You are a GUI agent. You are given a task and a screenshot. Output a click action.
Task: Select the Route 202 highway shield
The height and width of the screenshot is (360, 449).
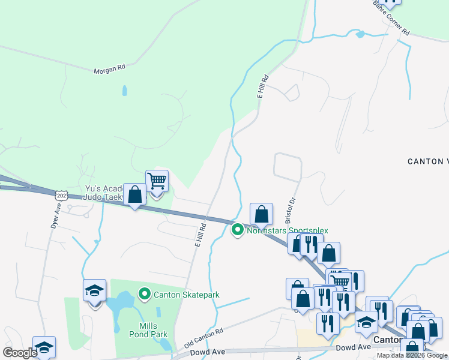click(x=60, y=196)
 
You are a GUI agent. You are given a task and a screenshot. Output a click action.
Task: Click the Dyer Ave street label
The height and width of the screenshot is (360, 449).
click(x=56, y=215)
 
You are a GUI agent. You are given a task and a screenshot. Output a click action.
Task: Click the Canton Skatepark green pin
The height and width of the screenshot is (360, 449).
click(x=144, y=294)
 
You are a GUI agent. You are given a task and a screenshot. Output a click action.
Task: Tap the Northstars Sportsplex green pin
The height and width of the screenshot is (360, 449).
click(x=238, y=230)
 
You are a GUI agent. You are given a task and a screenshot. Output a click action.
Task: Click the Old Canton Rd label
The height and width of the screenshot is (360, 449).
click(x=203, y=337)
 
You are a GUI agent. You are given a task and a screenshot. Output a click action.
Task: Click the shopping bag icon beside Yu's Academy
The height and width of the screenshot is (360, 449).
click(x=134, y=194)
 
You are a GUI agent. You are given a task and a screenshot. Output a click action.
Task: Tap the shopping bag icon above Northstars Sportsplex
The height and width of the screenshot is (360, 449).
click(x=261, y=214)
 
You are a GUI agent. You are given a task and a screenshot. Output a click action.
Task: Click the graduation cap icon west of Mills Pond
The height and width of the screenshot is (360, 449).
click(x=95, y=291)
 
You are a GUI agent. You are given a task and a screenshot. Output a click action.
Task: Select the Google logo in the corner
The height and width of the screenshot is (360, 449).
click(x=20, y=352)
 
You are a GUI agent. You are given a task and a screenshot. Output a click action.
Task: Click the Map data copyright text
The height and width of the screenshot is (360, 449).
click(x=412, y=355)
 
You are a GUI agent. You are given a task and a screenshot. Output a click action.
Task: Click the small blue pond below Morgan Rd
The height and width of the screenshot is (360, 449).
click(x=124, y=91)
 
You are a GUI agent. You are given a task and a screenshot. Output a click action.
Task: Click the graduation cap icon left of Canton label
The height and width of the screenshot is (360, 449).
click(x=366, y=322)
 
